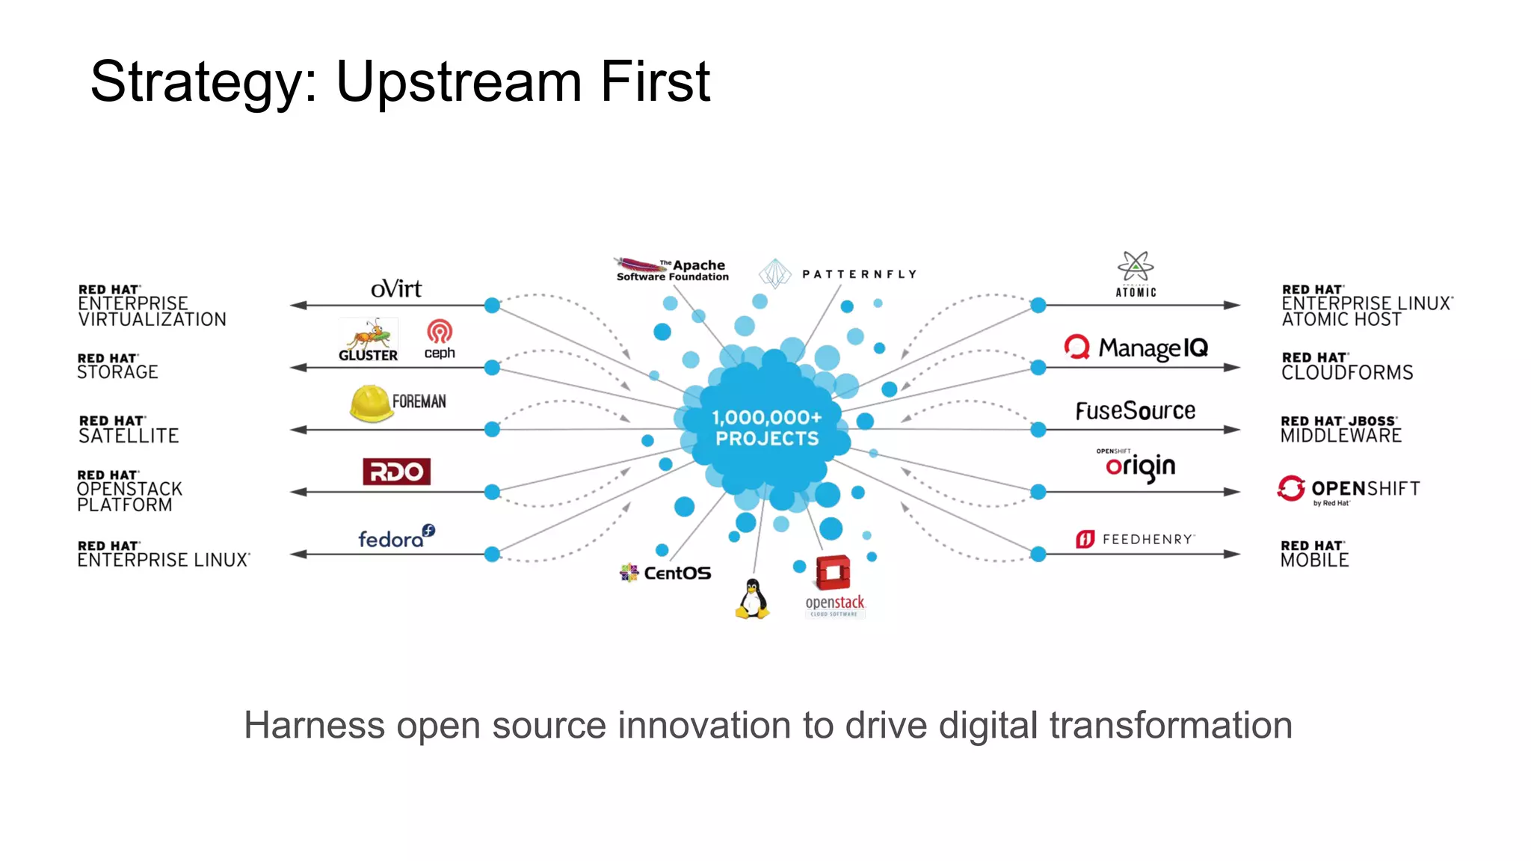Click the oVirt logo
(x=396, y=288)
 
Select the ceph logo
(x=440, y=339)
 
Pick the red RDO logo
(x=396, y=472)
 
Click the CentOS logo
(x=665, y=573)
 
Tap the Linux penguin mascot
(x=752, y=599)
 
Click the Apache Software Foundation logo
(x=671, y=270)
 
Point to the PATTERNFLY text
(x=859, y=274)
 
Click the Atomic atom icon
(x=1136, y=268)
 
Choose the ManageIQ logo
(x=1136, y=348)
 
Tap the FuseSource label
(x=1135, y=410)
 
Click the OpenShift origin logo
(x=1139, y=466)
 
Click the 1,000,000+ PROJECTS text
(x=767, y=428)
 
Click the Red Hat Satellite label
(x=129, y=429)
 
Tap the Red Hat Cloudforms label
(x=1347, y=366)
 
